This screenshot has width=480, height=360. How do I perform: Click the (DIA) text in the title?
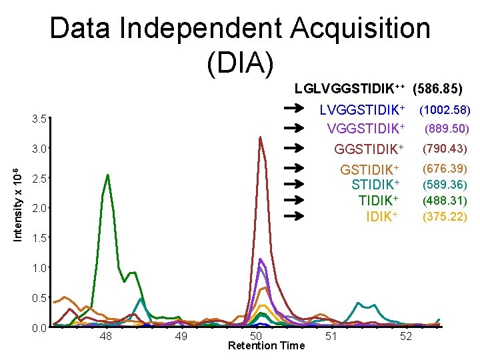240,63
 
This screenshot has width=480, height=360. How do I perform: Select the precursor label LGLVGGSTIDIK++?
350,88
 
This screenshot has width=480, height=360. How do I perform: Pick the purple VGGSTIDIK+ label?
366,128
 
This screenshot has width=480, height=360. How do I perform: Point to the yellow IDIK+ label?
383,217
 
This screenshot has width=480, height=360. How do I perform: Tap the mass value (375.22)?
445,217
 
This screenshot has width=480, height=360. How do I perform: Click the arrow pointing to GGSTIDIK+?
293,148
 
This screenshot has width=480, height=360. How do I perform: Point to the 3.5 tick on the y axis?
39,119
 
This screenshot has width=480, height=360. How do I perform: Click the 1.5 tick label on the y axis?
39,238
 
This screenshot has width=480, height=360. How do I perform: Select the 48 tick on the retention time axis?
105,337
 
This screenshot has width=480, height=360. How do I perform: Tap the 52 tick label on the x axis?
405,337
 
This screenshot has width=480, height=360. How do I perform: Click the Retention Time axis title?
266,345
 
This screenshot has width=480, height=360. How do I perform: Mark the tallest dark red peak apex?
260,137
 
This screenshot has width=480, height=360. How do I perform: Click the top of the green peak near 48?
107,175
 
